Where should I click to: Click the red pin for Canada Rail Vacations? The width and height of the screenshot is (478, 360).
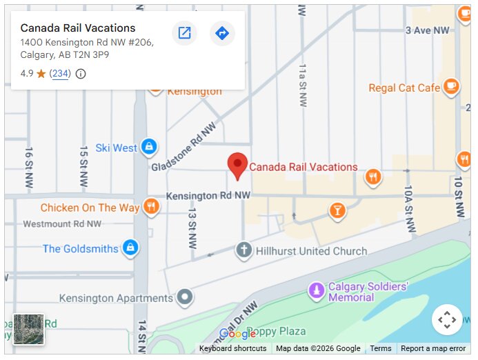(x=237, y=165)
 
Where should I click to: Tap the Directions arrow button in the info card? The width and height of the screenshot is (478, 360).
(x=222, y=33)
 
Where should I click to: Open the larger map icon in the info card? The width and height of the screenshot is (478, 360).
(x=184, y=33)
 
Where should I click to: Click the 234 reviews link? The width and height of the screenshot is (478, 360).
(x=61, y=74)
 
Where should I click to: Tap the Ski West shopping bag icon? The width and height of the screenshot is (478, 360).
(x=148, y=147)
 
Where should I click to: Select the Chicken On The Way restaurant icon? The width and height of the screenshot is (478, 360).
(x=152, y=207)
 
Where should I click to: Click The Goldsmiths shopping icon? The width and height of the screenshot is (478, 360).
(x=130, y=248)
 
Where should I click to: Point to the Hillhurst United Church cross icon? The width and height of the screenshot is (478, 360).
(x=243, y=250)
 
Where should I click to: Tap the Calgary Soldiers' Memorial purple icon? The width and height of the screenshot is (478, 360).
(x=317, y=292)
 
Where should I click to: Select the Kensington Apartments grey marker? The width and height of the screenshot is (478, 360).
(x=184, y=298)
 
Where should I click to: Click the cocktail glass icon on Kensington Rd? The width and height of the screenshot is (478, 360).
(x=337, y=210)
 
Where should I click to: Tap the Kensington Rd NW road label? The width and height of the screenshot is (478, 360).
(x=208, y=196)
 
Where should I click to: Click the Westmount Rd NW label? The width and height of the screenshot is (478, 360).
(x=62, y=224)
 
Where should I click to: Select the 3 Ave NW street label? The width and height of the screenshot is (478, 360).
(x=428, y=30)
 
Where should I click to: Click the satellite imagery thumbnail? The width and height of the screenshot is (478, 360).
(x=28, y=329)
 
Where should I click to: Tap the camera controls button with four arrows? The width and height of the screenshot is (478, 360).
(x=447, y=319)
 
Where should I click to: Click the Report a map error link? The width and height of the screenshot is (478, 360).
(x=433, y=349)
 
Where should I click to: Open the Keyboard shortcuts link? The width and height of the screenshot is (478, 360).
(x=232, y=349)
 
